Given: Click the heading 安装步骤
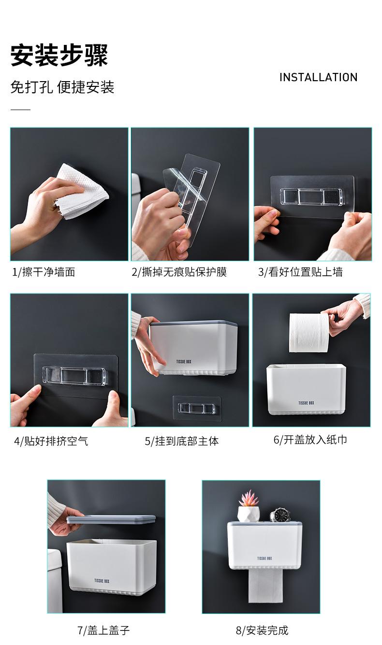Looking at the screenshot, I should (x=59, y=55).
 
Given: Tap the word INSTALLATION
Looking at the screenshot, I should (x=318, y=77).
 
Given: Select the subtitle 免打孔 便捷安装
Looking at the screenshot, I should (x=62, y=87).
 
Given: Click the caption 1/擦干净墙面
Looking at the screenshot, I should (x=44, y=272).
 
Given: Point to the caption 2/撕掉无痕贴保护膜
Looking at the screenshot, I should (x=179, y=272).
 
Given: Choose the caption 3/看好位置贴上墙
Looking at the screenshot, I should (x=300, y=272).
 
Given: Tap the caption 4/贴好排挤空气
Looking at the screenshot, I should (x=51, y=441).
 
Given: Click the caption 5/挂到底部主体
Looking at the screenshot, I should (x=182, y=441).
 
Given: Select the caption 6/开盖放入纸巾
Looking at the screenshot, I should (x=310, y=440).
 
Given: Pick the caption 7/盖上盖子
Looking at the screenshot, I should (x=103, y=631).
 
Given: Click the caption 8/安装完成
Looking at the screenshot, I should (x=262, y=631).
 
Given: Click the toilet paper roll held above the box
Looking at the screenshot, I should (x=309, y=332).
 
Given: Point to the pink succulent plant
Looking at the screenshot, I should (x=249, y=498).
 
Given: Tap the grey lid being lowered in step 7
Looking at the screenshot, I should (x=111, y=520).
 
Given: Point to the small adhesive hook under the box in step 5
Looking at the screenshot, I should (x=197, y=408).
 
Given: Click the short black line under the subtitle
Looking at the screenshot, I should (x=20, y=110).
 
